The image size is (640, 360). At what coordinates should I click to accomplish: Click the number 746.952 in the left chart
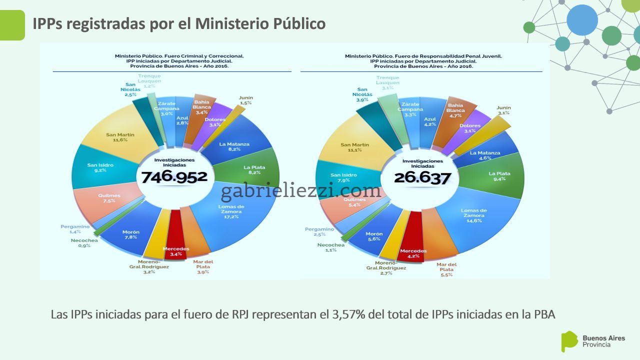[x=174, y=176]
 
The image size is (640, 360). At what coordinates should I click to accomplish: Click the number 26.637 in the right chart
[x=422, y=177]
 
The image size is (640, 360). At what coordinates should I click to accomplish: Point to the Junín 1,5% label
[x=245, y=100]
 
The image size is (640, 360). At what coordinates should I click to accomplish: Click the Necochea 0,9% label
[x=84, y=242]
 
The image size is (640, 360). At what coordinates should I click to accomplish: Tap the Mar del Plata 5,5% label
[x=446, y=269]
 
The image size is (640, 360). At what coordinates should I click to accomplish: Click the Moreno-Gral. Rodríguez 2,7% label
[x=386, y=268]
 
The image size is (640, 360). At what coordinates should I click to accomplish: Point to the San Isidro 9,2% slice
[x=100, y=167]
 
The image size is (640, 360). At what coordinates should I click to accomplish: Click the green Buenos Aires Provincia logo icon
[x=568, y=341]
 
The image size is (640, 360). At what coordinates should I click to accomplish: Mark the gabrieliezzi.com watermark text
[x=301, y=190]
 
